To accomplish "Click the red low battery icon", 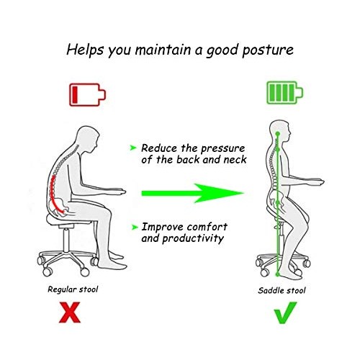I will (x=89, y=94).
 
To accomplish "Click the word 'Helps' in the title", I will (x=85, y=50).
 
